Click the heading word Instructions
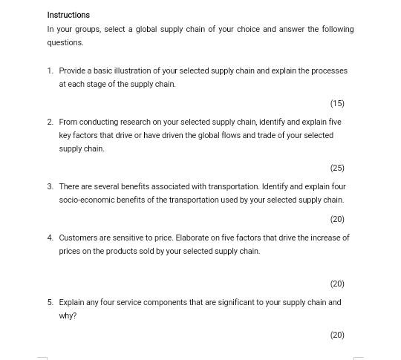pos(68,15)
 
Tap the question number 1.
pos(50,71)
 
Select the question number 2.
pos(50,122)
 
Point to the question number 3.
pos(50,187)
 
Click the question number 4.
pos(50,238)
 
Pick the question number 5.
pos(50,303)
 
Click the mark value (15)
pos(337,104)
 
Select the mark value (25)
pos(337,168)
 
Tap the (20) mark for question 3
pos(337,220)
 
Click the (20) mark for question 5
pos(337,336)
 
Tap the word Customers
pos(79,238)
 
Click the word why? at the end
pos(68,316)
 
